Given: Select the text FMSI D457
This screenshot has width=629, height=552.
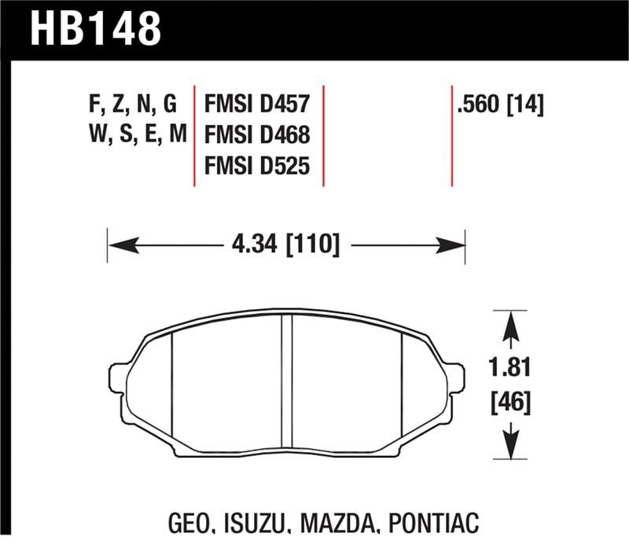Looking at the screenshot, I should [x=258, y=104].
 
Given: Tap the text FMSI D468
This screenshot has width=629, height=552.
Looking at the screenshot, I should [x=258, y=135].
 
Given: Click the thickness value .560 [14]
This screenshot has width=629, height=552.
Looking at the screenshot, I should [x=500, y=104].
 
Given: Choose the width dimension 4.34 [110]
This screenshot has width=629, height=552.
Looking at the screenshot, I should [x=286, y=245].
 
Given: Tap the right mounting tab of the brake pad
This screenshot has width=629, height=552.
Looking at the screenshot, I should [x=454, y=375].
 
